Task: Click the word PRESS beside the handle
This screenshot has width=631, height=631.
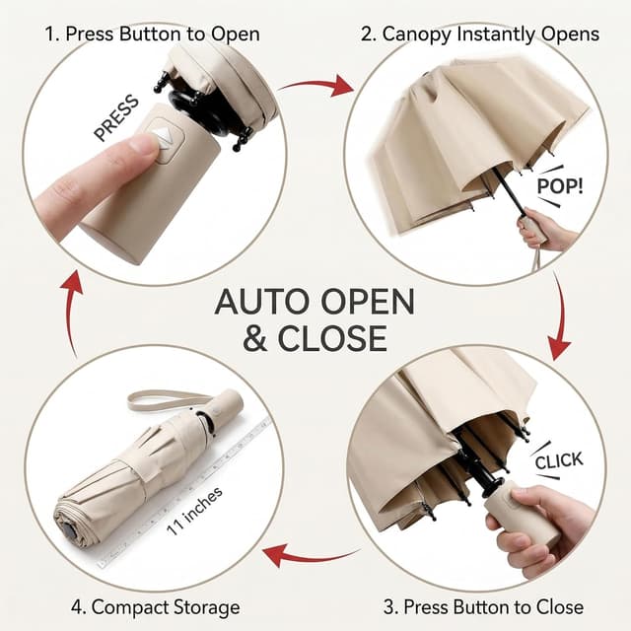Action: [116, 118]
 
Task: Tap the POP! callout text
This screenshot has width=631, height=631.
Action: [560, 186]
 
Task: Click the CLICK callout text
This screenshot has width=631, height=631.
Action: [559, 460]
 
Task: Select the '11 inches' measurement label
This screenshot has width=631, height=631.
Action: [194, 511]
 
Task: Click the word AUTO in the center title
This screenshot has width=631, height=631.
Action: [264, 302]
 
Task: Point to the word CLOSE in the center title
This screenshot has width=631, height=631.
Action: [332, 338]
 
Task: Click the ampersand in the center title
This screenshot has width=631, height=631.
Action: [254, 338]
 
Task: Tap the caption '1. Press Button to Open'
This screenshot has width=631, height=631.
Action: [152, 34]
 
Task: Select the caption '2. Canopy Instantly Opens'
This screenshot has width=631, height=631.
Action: [480, 34]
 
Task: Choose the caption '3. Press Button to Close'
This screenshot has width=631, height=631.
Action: [483, 607]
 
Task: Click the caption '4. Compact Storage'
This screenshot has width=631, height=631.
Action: [156, 607]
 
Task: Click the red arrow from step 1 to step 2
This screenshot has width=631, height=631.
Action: [315, 86]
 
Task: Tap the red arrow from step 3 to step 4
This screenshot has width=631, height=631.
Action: [310, 556]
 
